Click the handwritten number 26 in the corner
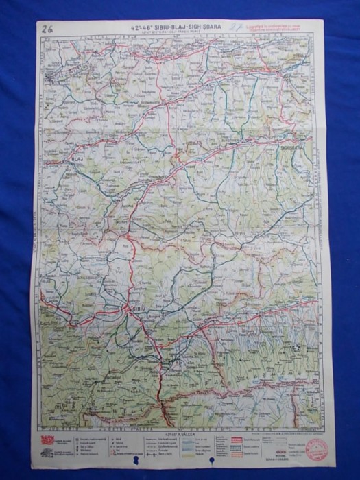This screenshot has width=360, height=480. (x=49, y=28)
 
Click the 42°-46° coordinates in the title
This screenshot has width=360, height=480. (x=142, y=28)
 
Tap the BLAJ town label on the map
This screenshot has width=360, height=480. (x=77, y=159)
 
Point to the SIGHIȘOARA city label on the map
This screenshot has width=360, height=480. (x=296, y=145)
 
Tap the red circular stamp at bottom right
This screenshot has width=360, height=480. (x=317, y=450)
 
